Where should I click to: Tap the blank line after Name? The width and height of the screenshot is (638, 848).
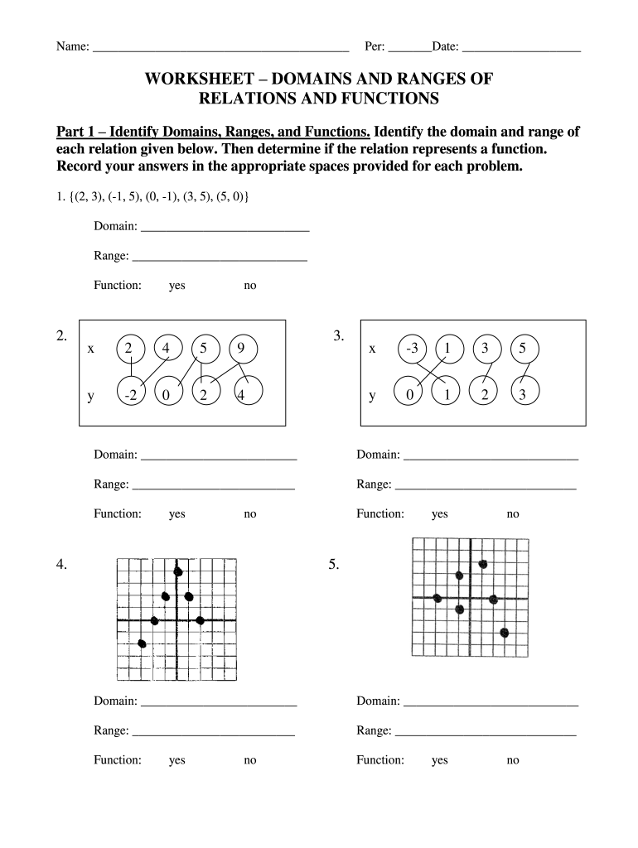point(220,47)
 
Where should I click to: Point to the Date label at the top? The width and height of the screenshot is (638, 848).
point(445,46)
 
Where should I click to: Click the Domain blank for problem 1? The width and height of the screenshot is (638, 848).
point(225,226)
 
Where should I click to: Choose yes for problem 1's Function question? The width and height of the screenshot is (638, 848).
point(176,286)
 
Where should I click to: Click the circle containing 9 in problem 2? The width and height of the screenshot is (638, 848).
point(240,349)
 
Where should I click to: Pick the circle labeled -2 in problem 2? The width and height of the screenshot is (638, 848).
point(129,396)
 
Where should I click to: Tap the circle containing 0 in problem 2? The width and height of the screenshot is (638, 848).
point(167,396)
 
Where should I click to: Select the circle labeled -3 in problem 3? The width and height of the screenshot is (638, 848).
point(412,349)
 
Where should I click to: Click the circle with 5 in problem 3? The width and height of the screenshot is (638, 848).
point(522,349)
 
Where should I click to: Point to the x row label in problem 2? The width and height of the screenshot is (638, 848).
point(90,349)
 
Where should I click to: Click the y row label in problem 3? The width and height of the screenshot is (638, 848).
point(373,396)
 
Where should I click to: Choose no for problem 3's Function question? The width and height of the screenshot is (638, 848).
point(513,514)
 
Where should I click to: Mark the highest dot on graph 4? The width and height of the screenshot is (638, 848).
point(178,571)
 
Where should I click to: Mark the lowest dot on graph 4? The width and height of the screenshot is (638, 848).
point(142,643)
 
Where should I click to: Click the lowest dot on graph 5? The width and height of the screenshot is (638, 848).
point(504,633)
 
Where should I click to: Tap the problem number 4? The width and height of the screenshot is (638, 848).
point(61,565)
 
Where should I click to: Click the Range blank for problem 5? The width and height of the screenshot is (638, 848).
point(486,730)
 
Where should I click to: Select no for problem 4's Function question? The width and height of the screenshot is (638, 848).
point(249,760)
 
